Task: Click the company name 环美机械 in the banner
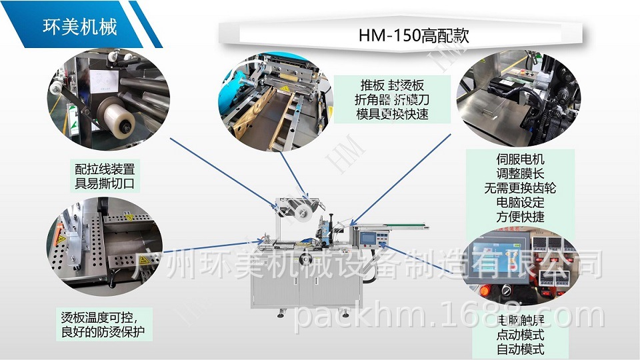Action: coord(79,27)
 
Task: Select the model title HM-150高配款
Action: coord(413,35)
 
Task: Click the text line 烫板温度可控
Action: coord(101,316)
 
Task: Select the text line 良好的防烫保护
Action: coord(101,331)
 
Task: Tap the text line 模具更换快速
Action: coord(392,114)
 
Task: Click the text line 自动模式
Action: coord(520,349)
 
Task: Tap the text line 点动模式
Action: coord(520,335)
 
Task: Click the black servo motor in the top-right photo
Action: coord(507,87)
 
